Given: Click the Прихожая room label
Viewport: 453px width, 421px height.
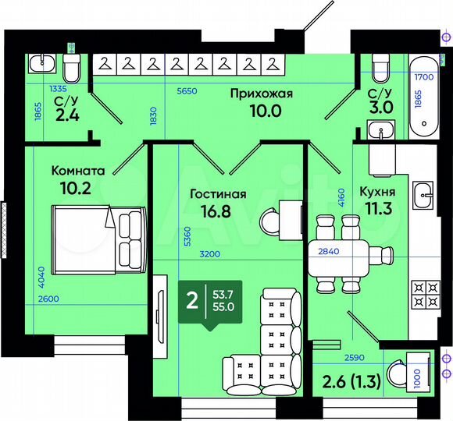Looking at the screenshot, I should pos(261,94).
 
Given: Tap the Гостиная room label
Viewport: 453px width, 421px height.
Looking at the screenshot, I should pos(219,194).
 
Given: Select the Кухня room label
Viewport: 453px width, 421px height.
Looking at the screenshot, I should pos(377,192).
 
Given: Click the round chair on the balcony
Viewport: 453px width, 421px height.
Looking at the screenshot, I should pos(398,373).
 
